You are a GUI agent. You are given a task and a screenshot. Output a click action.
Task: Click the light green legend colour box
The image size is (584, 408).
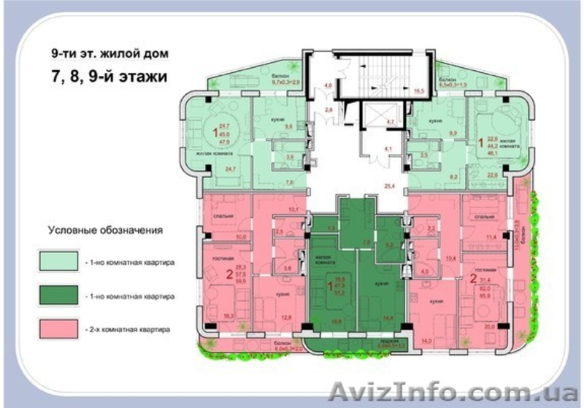(58, 259)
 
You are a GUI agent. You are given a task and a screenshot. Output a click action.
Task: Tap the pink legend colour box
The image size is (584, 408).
(58, 329)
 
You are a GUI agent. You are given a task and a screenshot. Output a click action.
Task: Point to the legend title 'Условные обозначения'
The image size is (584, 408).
(105, 230)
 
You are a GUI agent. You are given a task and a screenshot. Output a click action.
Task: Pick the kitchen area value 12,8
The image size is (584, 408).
(287, 317)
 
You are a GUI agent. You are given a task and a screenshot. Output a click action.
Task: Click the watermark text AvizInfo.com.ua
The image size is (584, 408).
(452, 390)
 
